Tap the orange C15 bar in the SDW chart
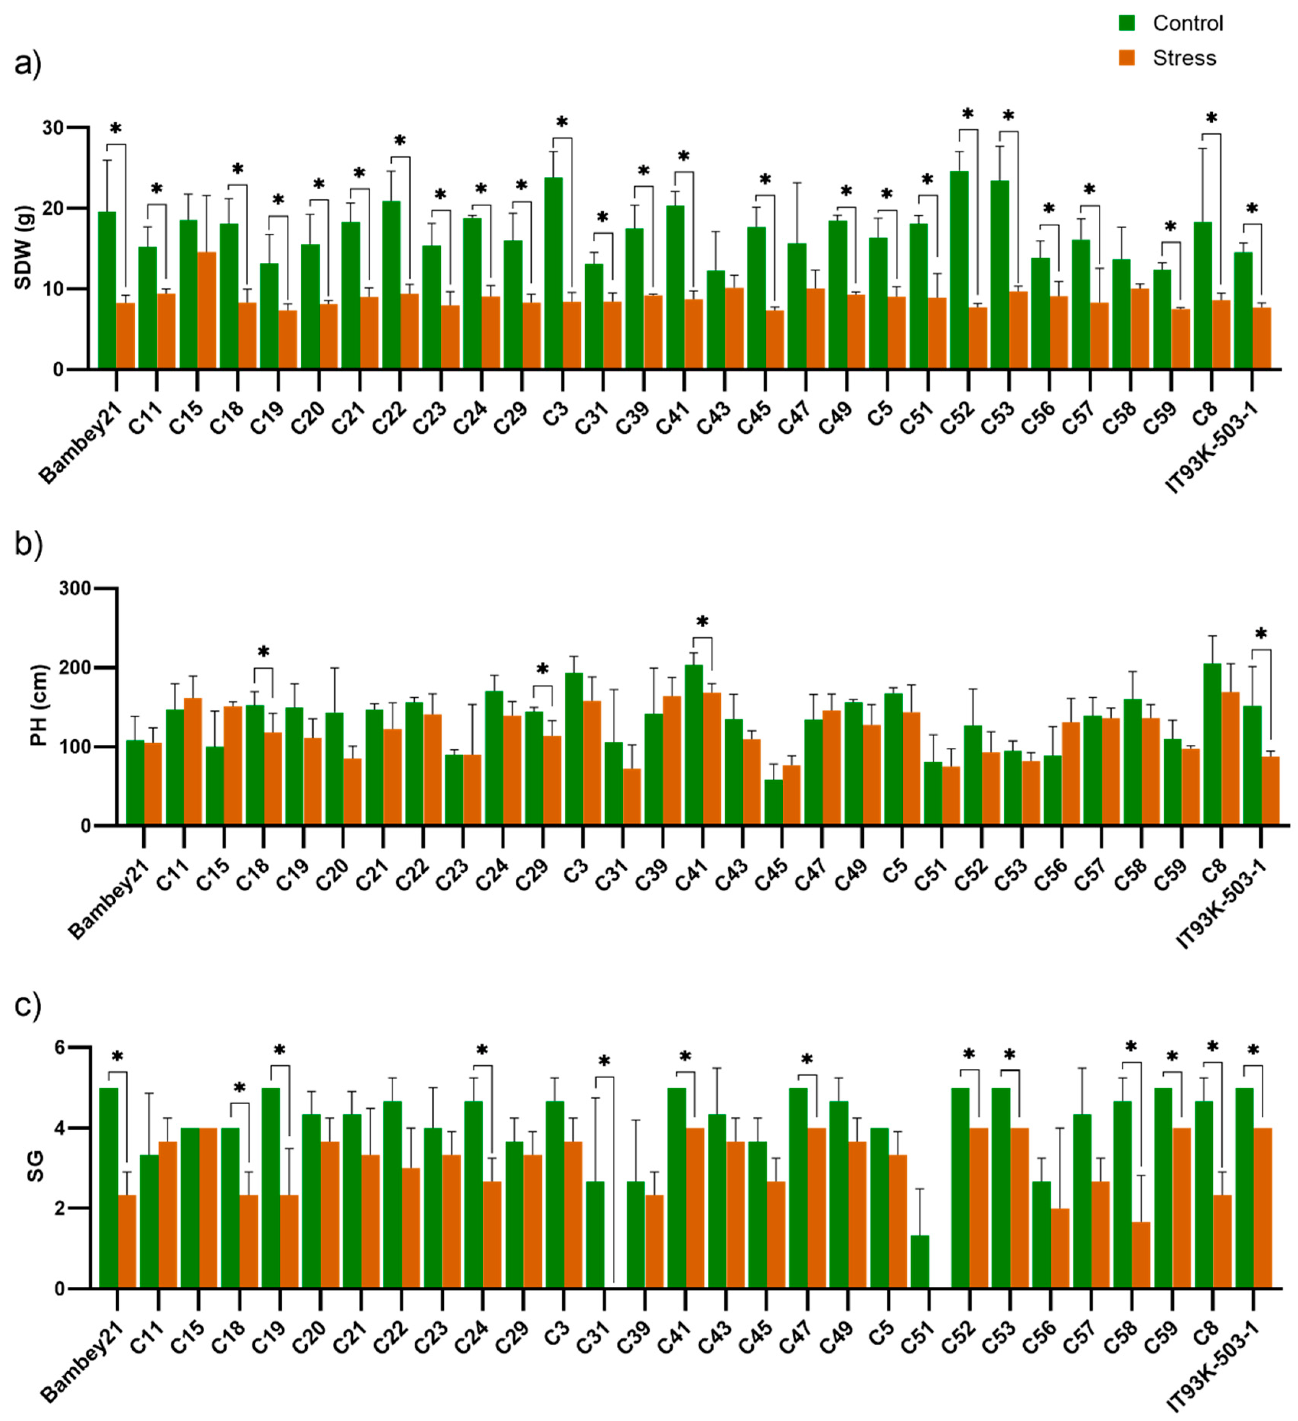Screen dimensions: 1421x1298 (207, 310)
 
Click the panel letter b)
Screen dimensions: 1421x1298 (28, 544)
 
